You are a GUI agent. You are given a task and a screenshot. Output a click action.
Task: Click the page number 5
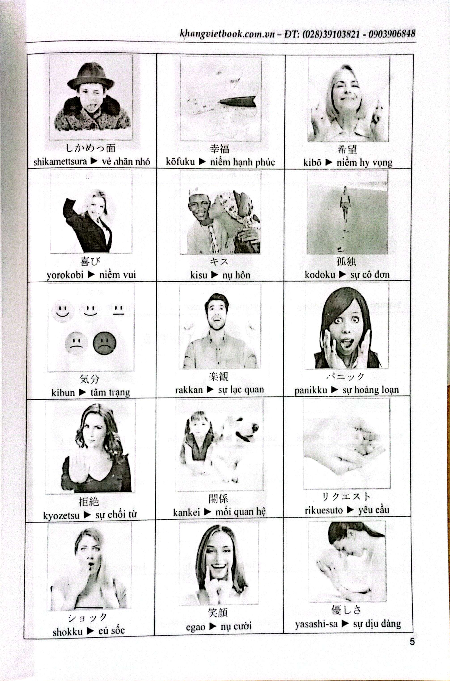click(x=412, y=641)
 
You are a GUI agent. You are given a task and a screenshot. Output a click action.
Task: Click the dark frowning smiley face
click(x=104, y=343)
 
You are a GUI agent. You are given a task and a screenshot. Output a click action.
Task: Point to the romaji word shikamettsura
click(x=60, y=162)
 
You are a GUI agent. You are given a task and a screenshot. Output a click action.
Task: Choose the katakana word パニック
click(x=345, y=377)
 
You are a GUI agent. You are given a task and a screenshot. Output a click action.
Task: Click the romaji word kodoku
click(x=320, y=275)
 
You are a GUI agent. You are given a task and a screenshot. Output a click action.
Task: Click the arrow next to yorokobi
click(x=91, y=275)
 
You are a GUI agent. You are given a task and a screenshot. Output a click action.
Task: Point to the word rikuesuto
click(x=324, y=511)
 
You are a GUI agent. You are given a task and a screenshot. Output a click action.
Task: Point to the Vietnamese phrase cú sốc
click(x=112, y=631)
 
